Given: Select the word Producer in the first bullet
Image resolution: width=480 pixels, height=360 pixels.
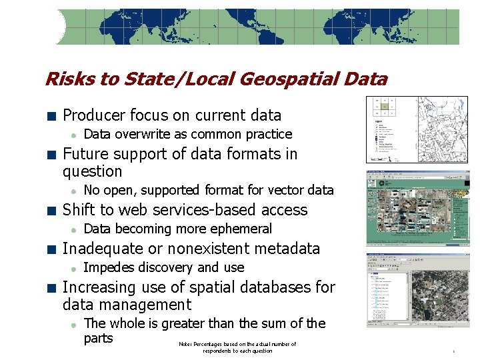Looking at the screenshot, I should tap(93, 115).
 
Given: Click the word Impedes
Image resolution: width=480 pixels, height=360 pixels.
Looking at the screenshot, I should tap(106, 267).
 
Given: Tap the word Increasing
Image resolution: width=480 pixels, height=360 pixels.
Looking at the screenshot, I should tap(97, 287).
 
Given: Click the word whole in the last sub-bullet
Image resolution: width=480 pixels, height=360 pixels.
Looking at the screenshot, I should tap(125, 323).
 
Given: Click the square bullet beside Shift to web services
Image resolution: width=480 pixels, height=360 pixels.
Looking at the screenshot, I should tap(51, 211).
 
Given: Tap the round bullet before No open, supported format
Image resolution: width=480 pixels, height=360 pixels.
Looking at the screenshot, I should tap(74, 191).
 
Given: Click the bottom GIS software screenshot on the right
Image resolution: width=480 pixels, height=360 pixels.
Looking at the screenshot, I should tap(418, 290).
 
